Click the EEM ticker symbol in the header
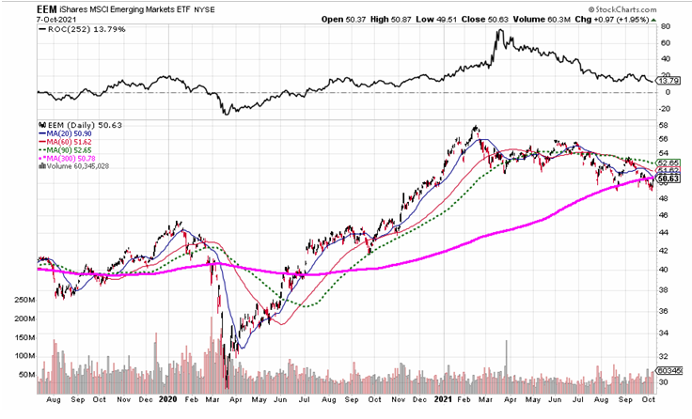[x=49, y=8]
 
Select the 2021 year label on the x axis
[x=443, y=398]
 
